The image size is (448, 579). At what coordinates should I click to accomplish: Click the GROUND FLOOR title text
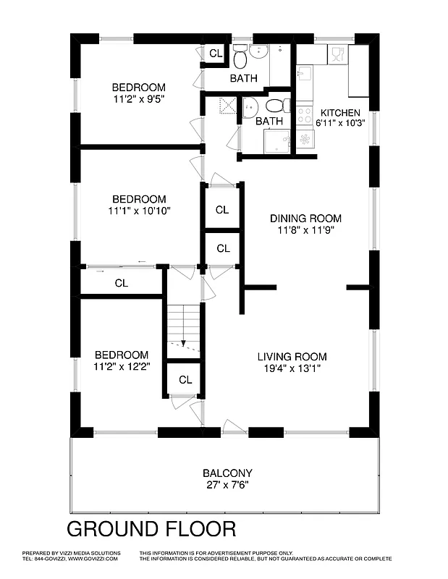coord(151,528)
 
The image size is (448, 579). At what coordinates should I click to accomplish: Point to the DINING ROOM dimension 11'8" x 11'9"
coord(305,230)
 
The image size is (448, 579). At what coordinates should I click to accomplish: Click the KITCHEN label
coord(339,112)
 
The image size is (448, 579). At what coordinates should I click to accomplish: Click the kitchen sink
coord(304,73)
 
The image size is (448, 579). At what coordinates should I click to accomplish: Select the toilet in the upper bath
coord(240,55)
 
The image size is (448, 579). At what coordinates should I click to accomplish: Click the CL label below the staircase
coord(185,380)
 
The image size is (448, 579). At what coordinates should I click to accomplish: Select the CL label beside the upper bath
coord(216,54)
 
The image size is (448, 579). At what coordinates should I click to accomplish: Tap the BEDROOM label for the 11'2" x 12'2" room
coord(122,355)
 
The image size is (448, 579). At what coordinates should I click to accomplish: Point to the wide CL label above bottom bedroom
coord(121,283)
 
